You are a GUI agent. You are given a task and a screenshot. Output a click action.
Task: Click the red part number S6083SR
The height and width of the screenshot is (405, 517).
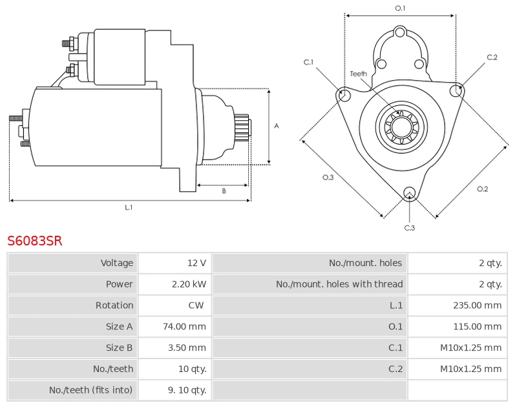pyautogui.click(x=35, y=241)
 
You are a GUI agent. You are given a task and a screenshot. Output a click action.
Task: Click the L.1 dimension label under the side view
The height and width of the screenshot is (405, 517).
pyautogui.click(x=129, y=207)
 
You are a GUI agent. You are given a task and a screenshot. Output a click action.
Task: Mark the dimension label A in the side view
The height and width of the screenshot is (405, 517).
pyautogui.click(x=277, y=126)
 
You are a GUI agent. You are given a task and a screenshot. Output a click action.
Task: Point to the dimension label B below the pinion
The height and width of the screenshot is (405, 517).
pyautogui.click(x=224, y=191)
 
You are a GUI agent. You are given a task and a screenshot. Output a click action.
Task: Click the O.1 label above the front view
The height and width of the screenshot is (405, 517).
pyautogui.click(x=400, y=8)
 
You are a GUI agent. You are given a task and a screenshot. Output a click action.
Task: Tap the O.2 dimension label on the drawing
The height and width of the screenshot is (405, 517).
pyautogui.click(x=482, y=189)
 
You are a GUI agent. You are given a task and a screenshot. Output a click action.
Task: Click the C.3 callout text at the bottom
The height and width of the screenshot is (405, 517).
pyautogui.click(x=409, y=227)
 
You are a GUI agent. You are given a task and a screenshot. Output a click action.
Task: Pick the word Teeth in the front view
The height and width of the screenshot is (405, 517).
pyautogui.click(x=358, y=74)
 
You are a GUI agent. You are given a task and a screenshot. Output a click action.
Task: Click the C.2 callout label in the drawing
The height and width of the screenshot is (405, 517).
pyautogui.click(x=492, y=57)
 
